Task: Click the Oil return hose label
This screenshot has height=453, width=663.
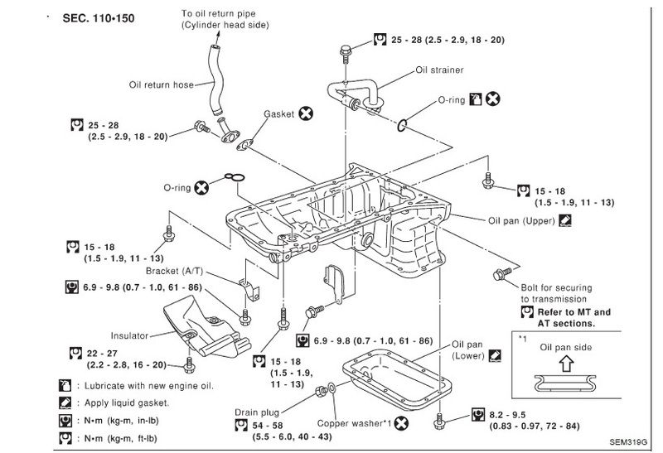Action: point(161,84)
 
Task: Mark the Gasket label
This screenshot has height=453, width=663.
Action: point(279,113)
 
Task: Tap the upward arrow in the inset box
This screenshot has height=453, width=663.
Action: point(566,362)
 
